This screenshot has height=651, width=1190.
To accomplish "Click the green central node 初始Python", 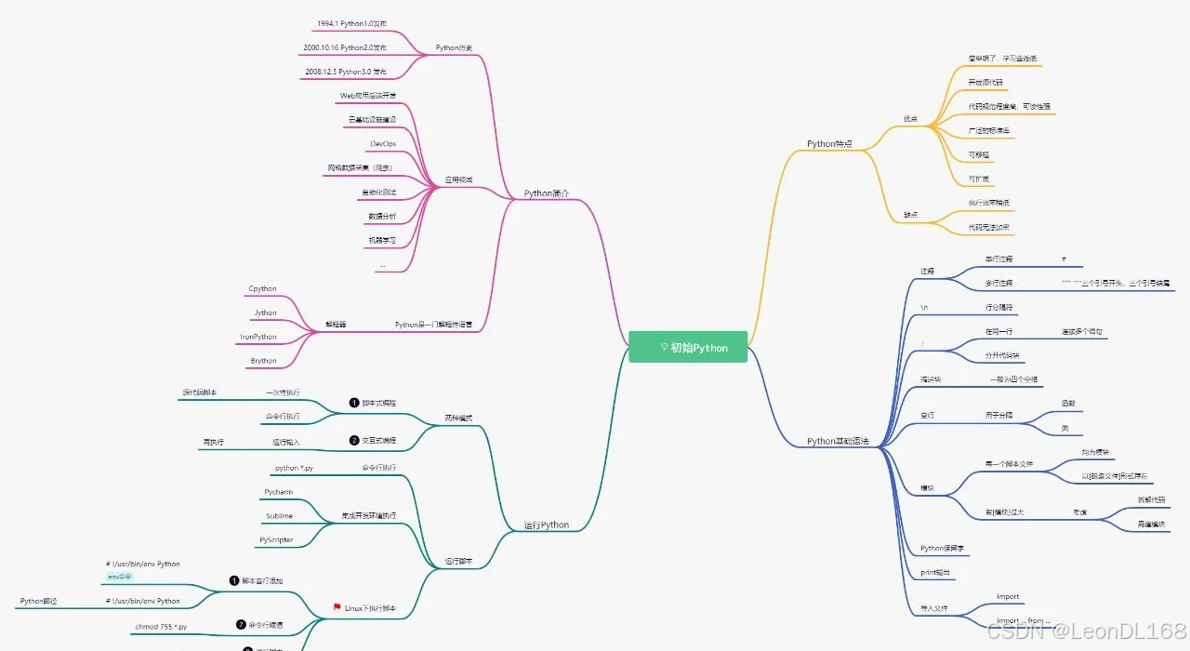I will coord(688,347).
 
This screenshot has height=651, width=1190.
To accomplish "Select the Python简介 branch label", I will coord(546,193).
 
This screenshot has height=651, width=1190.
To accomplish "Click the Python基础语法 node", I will coord(838,441).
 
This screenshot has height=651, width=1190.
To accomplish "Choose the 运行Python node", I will coord(546,525).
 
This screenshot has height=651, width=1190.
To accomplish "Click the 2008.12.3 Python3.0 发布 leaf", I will coord(344,72).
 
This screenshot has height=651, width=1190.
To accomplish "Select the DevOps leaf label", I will coord(382,144).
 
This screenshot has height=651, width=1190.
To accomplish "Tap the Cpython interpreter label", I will coord(262,289).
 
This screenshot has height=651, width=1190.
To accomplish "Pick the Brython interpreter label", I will coord(263,361).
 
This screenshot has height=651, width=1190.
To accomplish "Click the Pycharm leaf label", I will coord(278,491).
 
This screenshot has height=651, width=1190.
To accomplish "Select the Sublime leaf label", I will coord(278,515).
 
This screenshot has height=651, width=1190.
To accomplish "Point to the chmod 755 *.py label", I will coord(161,627).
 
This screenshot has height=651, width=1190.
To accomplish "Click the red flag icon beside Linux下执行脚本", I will coord(337,608).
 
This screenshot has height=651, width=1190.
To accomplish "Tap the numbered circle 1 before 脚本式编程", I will coord(354,403).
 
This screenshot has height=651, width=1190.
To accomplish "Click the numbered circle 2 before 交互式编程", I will coord(354,440).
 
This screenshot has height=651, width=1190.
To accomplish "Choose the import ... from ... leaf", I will coord(1023,620).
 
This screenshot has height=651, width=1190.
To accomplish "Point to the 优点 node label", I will coord(910,119).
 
